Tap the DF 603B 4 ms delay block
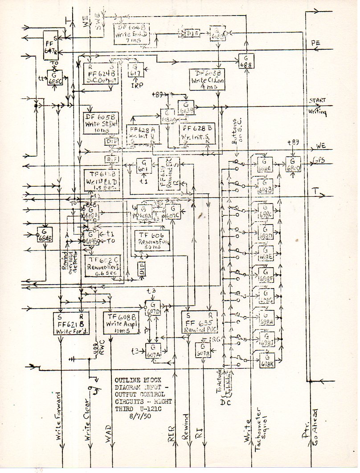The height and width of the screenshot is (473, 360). coord(207,80)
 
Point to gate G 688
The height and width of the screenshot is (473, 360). coord(246,60)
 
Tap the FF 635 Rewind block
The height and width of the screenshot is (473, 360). coord(199,322)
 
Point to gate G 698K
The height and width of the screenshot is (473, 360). coord(267,360)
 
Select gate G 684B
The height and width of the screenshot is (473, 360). coord(45,234)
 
